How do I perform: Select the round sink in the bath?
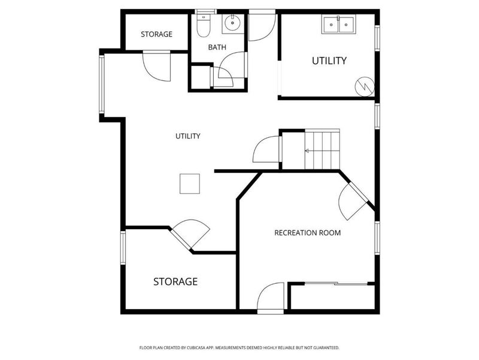click(231, 25)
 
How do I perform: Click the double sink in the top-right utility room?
click(338, 25)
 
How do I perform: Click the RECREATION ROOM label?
click(307, 232)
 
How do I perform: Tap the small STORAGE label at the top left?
click(156, 34)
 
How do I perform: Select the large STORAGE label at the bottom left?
click(175, 281)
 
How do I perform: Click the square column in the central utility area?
click(190, 184)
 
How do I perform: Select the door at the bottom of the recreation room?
click(270, 298)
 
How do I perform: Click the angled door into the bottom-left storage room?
click(190, 234)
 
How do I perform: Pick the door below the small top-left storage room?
click(157, 66)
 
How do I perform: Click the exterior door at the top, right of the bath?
click(262, 26)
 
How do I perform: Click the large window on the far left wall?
click(101, 85)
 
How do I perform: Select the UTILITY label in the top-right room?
click(329, 61)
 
